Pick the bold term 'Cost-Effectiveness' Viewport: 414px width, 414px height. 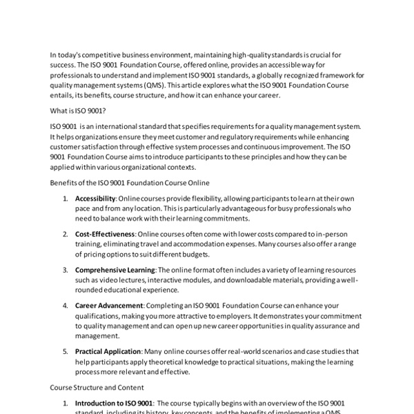(105, 234)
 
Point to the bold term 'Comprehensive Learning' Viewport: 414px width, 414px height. (115, 269)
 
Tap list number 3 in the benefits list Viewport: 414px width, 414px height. (65, 269)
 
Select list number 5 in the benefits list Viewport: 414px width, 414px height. (65, 351)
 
